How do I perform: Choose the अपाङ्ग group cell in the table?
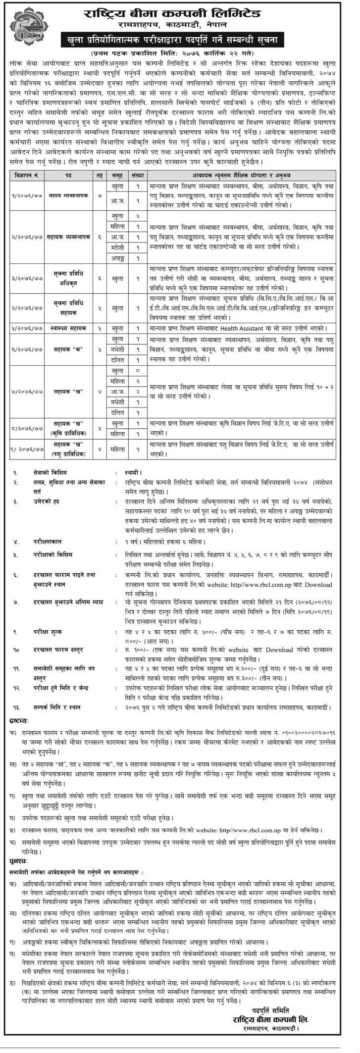(118, 258)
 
